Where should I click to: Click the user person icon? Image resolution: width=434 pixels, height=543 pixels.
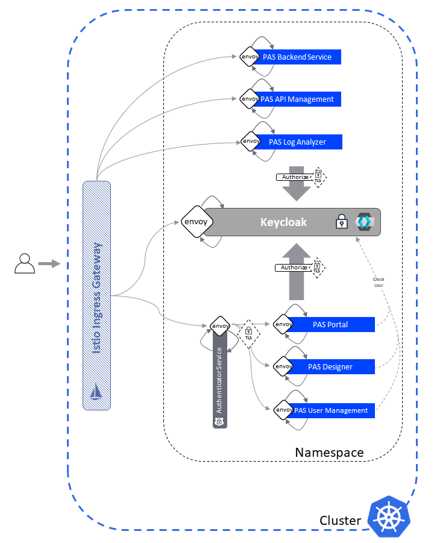[x=24, y=263]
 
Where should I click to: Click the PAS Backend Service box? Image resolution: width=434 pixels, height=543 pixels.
[x=297, y=57]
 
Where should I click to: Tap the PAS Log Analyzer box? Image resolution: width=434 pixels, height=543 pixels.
[x=298, y=142]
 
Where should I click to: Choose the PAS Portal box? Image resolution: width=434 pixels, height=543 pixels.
[x=330, y=325]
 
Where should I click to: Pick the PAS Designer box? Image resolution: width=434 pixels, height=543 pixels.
[x=330, y=366]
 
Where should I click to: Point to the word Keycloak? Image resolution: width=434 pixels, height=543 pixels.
[x=283, y=222]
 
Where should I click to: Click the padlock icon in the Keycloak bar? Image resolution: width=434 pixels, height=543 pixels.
[x=342, y=222]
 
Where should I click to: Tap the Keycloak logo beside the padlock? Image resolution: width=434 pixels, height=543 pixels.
[x=364, y=222]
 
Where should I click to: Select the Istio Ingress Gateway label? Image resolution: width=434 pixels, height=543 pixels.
[x=97, y=289]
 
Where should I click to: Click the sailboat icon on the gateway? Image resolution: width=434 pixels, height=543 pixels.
[x=97, y=392]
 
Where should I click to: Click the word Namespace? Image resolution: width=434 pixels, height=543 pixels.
[x=329, y=453]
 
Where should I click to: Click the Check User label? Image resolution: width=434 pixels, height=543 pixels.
[x=378, y=282]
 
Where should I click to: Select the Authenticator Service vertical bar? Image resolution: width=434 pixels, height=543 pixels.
[x=219, y=380]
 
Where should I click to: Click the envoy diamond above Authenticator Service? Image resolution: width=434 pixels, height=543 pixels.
[x=219, y=326]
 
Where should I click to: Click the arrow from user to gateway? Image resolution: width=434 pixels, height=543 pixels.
[x=49, y=263]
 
